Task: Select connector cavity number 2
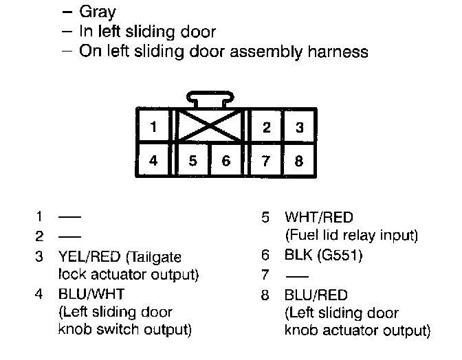click(x=266, y=127)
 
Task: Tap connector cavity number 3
click(x=299, y=127)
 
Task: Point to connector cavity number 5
click(x=193, y=161)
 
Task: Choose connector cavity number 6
click(x=226, y=161)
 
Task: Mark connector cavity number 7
click(x=266, y=161)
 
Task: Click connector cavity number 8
click(x=299, y=161)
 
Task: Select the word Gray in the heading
click(x=98, y=12)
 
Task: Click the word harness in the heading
click(x=338, y=51)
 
